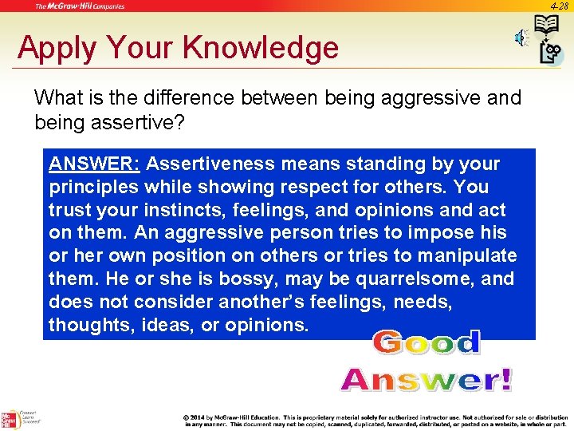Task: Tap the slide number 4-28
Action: pyautogui.click(x=558, y=6)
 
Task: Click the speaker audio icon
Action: pyautogui.click(x=521, y=38)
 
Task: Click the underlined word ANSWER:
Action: pyautogui.click(x=95, y=164)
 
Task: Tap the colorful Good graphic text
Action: pyautogui.click(x=427, y=342)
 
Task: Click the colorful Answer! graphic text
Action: pyautogui.click(x=427, y=379)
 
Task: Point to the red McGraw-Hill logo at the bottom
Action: pyautogui.click(x=10, y=419)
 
